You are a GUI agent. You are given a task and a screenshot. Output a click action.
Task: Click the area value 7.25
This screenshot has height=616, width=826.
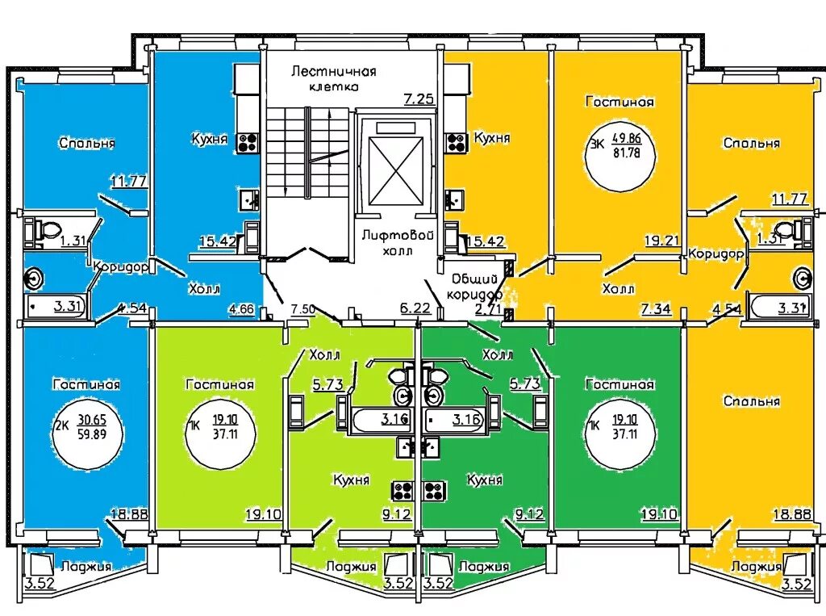[x=419, y=99]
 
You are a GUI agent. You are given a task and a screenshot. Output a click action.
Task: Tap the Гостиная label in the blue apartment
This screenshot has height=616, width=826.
[x=86, y=385]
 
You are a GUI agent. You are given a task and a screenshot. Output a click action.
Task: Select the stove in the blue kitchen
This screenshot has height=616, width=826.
[x=247, y=143]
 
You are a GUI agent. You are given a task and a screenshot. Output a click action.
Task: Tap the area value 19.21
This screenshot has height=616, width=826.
[x=660, y=240]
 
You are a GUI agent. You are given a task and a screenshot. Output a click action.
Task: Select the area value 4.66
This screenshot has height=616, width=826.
[x=241, y=308]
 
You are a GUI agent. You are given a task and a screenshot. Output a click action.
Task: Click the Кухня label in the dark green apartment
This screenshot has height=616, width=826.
[x=485, y=480]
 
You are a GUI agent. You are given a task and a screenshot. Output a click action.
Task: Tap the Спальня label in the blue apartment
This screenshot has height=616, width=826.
[x=86, y=143]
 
